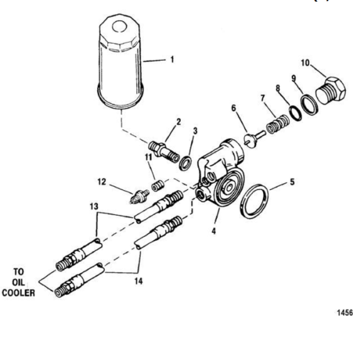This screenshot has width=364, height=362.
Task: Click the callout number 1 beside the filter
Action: click(172, 60)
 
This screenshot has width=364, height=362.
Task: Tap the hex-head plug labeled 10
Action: click(331, 91)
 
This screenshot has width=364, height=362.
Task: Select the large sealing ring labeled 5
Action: click(254, 201)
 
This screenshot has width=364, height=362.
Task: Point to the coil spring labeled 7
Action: click(277, 124)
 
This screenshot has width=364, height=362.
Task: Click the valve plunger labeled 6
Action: click(254, 139)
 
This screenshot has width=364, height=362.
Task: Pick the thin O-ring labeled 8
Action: click(296, 113)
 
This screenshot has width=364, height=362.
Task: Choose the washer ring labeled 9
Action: click(309, 104)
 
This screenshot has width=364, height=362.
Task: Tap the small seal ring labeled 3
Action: click(186, 163)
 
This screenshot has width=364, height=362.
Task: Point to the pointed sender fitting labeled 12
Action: click(139, 196)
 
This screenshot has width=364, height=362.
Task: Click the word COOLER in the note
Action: click(19, 293)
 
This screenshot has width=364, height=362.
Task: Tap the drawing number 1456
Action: click(345, 312)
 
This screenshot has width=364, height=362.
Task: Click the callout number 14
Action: click(138, 282)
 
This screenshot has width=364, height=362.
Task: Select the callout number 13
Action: click(94, 206)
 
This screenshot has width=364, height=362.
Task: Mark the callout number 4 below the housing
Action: click(214, 231)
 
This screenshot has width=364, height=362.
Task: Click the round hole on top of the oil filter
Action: click(119, 26)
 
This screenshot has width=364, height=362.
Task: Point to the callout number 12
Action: click(102, 182)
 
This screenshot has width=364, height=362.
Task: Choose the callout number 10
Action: click(305, 63)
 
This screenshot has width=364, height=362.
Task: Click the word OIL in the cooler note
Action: click(18, 282)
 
